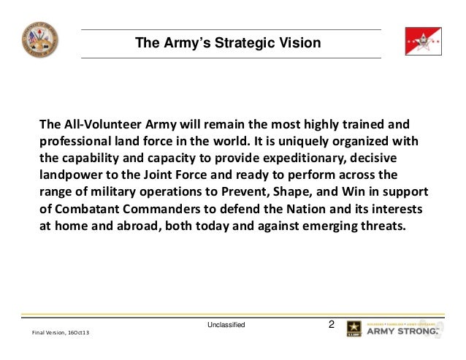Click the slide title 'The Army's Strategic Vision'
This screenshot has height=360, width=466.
[227, 44]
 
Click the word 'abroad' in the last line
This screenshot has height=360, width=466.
[133, 226]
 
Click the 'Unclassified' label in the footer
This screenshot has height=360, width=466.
[226, 323]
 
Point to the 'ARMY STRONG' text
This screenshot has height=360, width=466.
[402, 332]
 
